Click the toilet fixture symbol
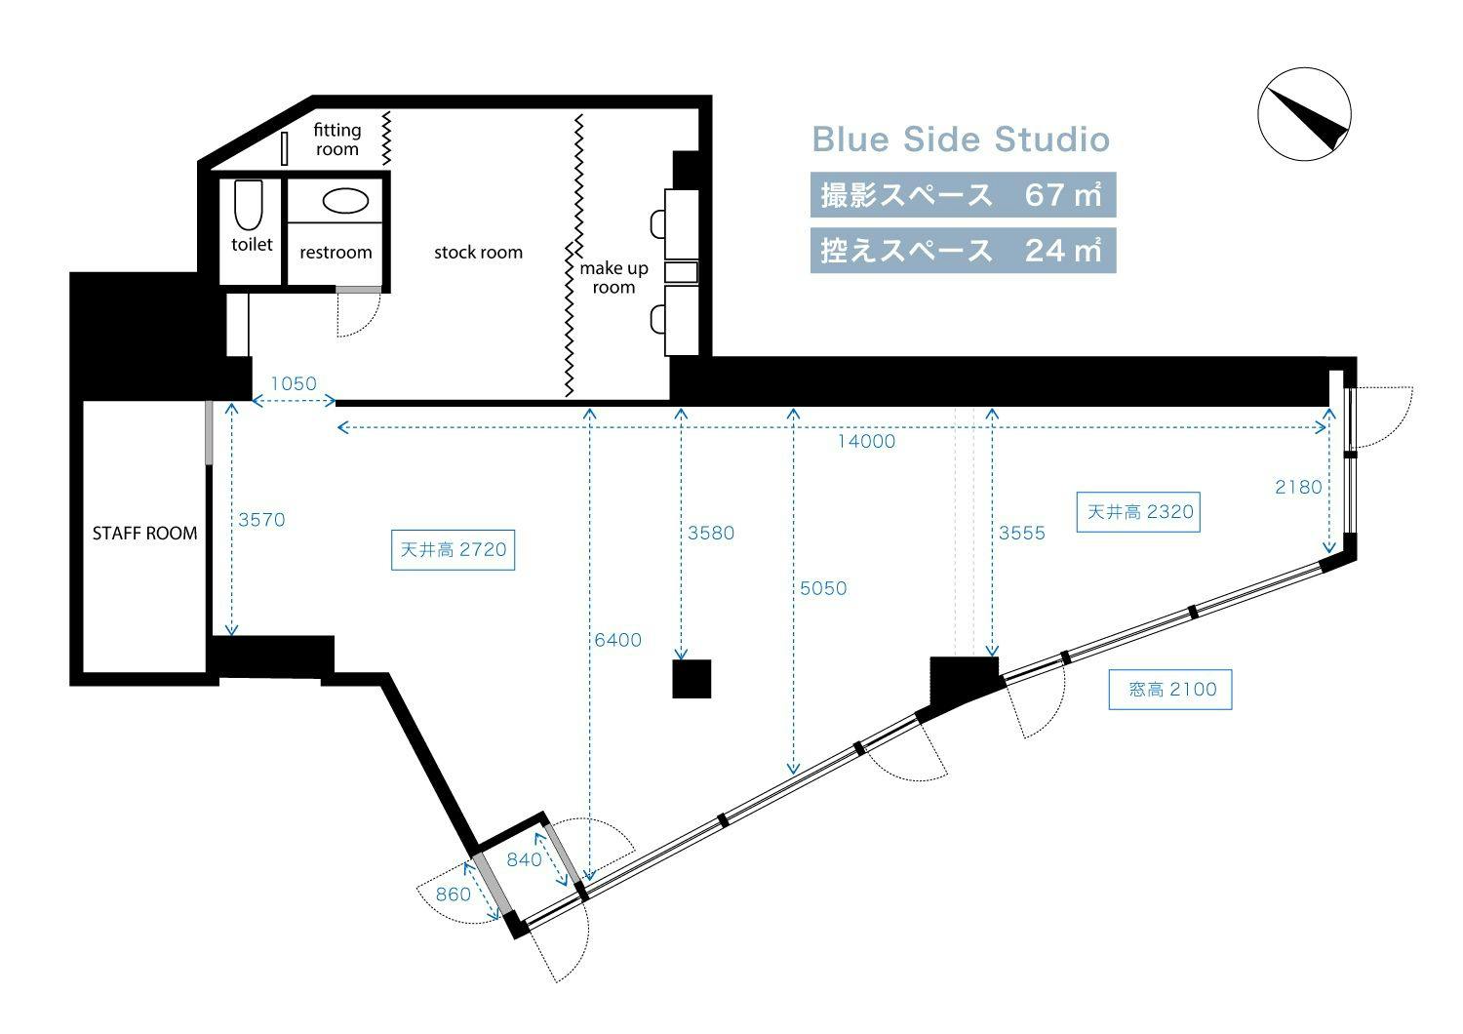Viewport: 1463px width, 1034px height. [248, 205]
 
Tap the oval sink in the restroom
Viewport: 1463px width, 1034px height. [345, 201]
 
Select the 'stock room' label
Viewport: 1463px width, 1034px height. [478, 252]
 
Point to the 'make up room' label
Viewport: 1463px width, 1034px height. [613, 278]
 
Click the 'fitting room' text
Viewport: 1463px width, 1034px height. [337, 139]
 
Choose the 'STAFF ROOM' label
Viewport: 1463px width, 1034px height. [144, 533]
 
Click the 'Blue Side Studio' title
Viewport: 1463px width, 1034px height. [961, 139]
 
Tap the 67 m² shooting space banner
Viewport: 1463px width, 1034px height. [963, 195]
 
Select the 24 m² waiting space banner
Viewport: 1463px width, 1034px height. [963, 250]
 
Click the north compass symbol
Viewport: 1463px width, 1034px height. [1304, 114]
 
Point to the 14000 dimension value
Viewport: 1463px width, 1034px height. [866, 442]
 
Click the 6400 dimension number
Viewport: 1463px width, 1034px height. [617, 640]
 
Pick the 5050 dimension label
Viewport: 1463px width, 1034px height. [823, 588]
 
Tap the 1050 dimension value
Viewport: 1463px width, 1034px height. [294, 383]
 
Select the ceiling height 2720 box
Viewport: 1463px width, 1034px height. [453, 550]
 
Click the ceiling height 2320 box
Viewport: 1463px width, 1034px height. [1138, 512]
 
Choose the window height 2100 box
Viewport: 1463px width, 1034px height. [1169, 689]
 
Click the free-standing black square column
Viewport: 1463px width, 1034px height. [692, 679]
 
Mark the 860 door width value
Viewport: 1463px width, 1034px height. [454, 895]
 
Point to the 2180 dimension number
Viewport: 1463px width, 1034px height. [1298, 488]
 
